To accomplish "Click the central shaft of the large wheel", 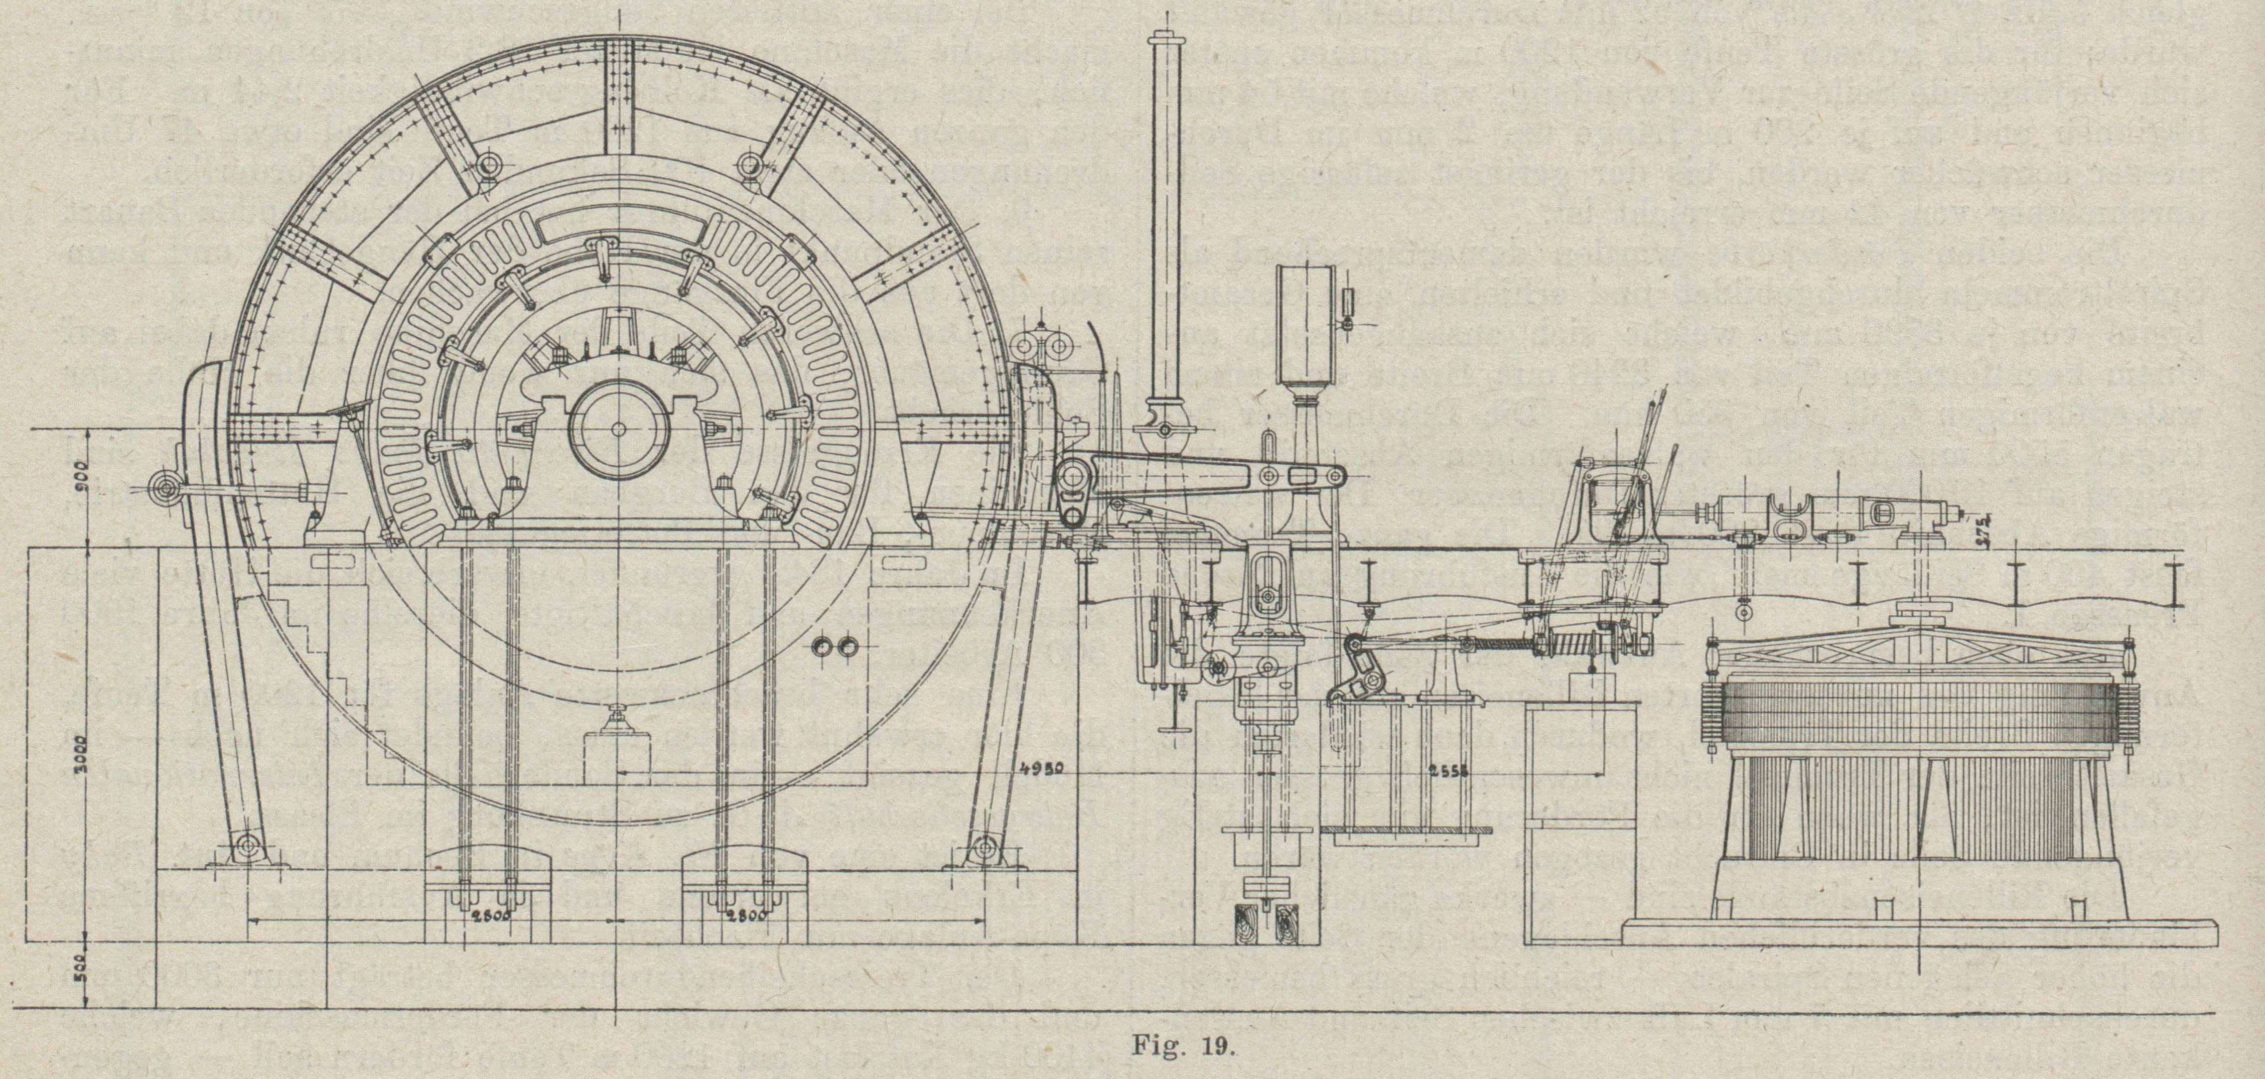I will [619, 429].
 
